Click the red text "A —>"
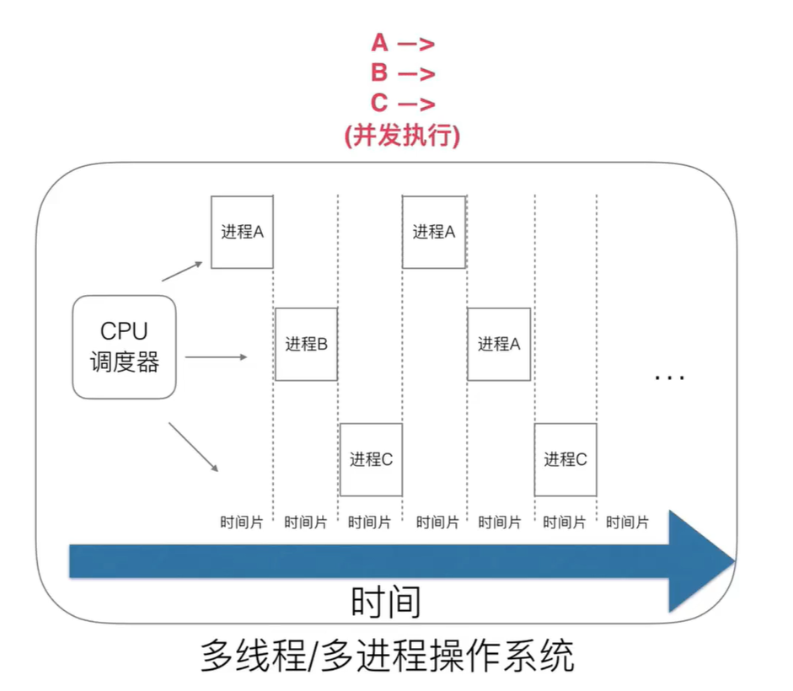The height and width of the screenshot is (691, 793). [402, 43]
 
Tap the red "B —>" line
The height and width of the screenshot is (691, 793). [402, 73]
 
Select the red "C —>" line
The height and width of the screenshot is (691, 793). [402, 103]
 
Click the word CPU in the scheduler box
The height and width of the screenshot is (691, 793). [124, 331]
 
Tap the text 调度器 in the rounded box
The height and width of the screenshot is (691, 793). [124, 362]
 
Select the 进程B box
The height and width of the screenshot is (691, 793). [306, 344]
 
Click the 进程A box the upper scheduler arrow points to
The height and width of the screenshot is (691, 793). [242, 232]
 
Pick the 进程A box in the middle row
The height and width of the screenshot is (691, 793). [499, 344]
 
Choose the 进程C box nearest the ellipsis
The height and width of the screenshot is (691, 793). [565, 459]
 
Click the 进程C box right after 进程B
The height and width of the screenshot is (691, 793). [371, 459]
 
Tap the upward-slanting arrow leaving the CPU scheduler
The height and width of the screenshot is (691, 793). [182, 271]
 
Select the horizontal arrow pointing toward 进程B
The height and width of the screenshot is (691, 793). [216, 357]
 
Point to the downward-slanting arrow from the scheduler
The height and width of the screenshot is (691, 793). [194, 447]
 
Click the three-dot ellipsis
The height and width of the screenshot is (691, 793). [670, 378]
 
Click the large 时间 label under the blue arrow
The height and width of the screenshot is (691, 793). [385, 602]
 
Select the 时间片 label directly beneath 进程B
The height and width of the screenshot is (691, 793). [305, 522]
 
